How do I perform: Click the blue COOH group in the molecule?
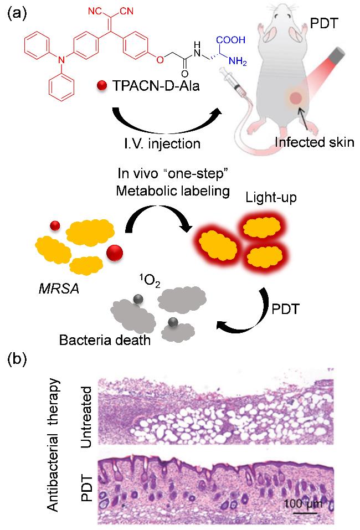231,39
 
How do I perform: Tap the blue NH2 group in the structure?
238,61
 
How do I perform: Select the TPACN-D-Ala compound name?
156,86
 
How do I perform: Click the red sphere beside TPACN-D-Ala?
102,86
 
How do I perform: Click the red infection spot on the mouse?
296,99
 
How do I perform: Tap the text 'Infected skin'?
315,142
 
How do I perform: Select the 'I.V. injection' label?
162,143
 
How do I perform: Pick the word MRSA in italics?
59,289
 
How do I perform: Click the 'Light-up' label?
271,197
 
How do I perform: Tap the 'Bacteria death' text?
105,339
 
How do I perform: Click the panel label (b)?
17,359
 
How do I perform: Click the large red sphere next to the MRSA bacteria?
115,253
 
